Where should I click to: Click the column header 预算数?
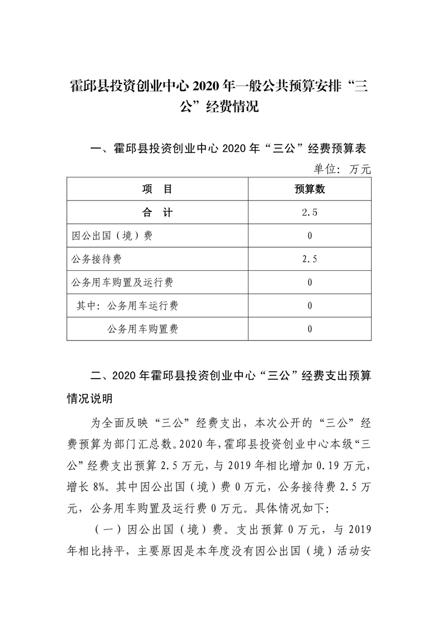click(310, 190)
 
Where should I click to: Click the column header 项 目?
click(157, 190)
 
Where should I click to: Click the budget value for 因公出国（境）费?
click(310, 236)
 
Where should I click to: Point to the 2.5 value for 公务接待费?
click(310, 259)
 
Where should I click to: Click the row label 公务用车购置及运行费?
click(123, 282)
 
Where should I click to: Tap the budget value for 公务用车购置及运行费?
click(310, 282)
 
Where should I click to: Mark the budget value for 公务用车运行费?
click(310, 306)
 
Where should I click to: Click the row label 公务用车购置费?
click(143, 329)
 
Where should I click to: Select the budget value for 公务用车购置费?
click(310, 329)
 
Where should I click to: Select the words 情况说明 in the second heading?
click(89, 398)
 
